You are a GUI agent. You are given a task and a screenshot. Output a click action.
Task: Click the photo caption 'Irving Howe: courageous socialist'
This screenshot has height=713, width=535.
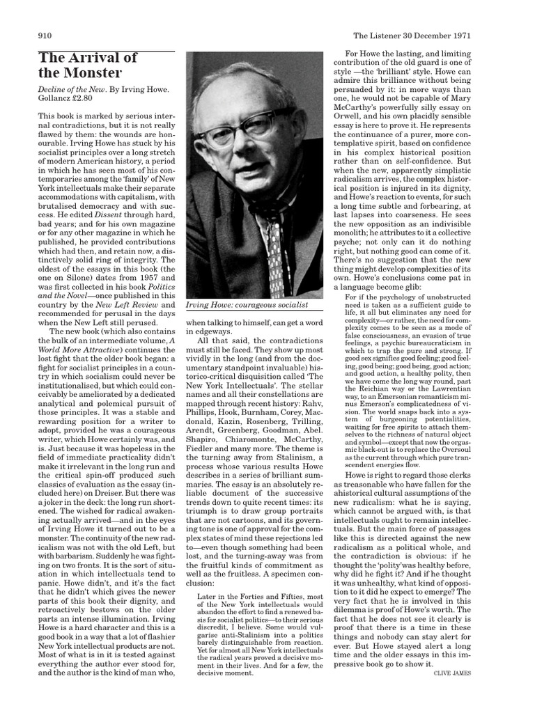point(245,305)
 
